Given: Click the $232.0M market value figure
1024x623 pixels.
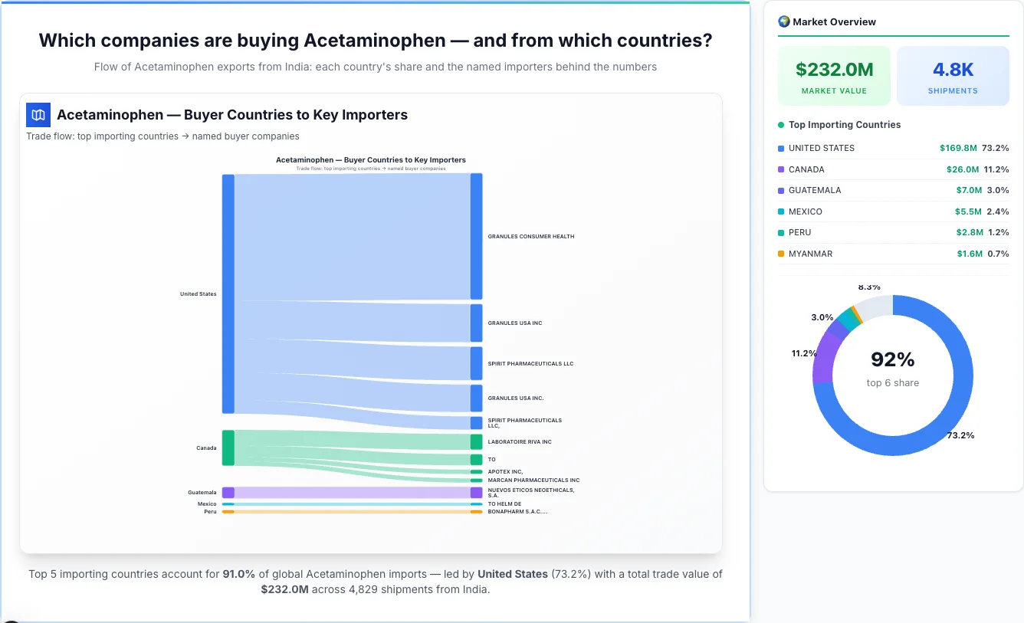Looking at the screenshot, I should pyautogui.click(x=834, y=70).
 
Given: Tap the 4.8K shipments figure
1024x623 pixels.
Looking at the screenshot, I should pyautogui.click(x=953, y=70).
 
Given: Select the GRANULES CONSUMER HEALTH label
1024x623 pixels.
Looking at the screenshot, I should pyautogui.click(x=530, y=237).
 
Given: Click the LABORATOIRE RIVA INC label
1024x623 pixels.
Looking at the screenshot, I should pyautogui.click(x=520, y=442).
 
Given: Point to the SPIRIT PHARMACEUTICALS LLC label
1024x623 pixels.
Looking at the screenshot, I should pyautogui.click(x=530, y=364).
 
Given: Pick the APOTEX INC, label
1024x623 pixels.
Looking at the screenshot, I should pyautogui.click(x=505, y=472).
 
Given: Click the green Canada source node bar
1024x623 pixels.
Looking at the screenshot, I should pyautogui.click(x=228, y=448).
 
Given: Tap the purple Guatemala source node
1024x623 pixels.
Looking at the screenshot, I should pyautogui.click(x=228, y=493).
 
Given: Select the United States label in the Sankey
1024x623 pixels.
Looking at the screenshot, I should pyautogui.click(x=198, y=294).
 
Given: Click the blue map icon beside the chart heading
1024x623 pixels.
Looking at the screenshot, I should pyautogui.click(x=38, y=115).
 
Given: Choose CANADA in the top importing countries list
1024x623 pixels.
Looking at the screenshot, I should pyautogui.click(x=806, y=169).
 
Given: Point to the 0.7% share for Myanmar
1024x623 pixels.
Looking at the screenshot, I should pyautogui.click(x=998, y=254).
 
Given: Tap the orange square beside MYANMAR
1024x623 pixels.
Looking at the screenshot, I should pyautogui.click(x=781, y=254).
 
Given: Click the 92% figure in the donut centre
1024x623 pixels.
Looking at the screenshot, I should pyautogui.click(x=893, y=359).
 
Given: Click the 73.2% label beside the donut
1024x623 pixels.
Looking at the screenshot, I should pyautogui.click(x=960, y=435).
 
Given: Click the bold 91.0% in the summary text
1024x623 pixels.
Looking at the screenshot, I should pyautogui.click(x=238, y=574).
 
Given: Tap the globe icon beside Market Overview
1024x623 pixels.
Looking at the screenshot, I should pyautogui.click(x=784, y=21).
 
